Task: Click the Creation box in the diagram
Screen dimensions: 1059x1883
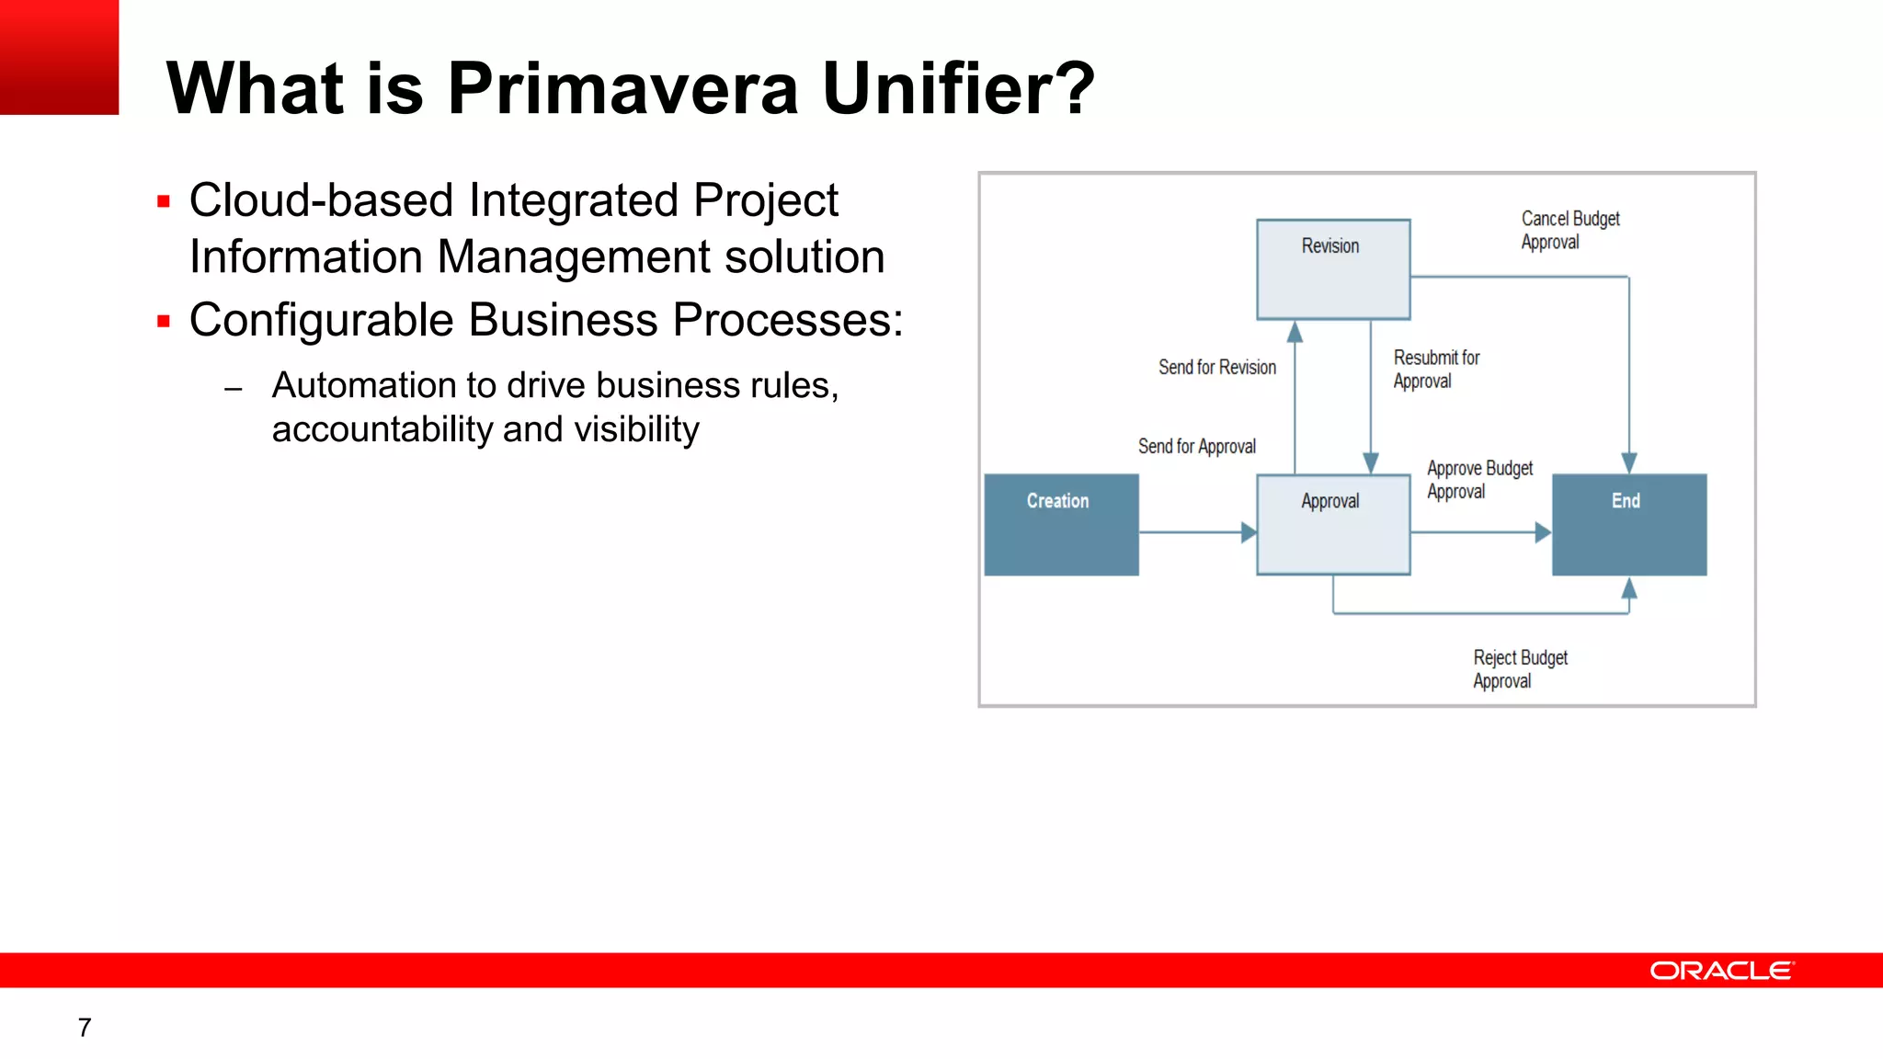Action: coord(1061,525)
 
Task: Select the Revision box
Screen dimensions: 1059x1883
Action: coord(1333,269)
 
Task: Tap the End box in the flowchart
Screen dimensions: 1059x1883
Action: coord(1628,525)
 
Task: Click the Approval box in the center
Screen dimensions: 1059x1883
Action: coord(1333,525)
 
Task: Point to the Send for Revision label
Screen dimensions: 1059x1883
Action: coord(1216,368)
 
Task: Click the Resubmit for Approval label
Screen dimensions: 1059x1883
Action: coord(1435,370)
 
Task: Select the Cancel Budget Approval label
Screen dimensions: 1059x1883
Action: coord(1569,231)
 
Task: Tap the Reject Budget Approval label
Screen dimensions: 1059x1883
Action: coord(1519,669)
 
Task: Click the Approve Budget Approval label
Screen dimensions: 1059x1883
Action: coord(1478,480)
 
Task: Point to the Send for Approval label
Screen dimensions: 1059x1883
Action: coord(1196,447)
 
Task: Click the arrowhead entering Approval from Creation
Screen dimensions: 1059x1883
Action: coord(1249,532)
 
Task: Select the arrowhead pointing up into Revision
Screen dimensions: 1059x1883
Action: coord(1295,331)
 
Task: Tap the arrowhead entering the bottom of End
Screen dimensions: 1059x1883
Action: coord(1628,588)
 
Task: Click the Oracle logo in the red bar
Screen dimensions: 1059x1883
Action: coord(1721,971)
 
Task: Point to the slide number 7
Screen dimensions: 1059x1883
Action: coord(85,1028)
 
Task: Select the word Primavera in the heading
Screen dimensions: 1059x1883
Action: coord(622,89)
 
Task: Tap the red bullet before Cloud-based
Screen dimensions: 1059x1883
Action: coord(164,201)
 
